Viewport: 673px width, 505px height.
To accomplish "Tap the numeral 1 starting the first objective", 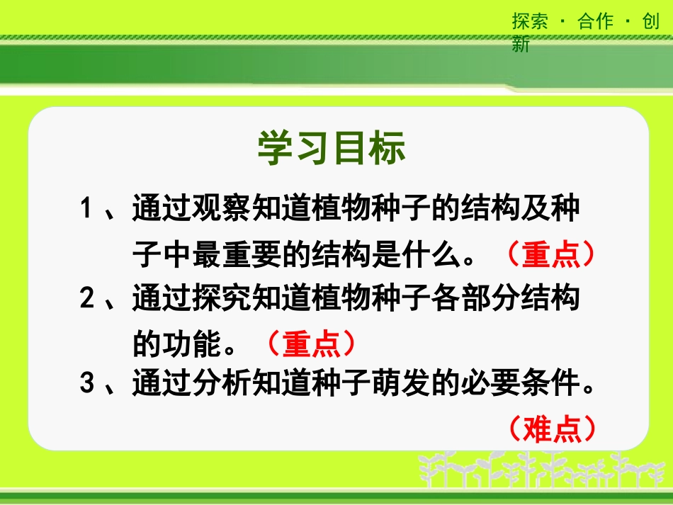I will pyautogui.click(x=88, y=210).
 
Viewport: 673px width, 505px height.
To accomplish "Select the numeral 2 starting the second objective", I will pyautogui.click(x=88, y=299).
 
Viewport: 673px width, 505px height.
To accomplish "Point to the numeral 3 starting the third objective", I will pyautogui.click(x=88, y=385).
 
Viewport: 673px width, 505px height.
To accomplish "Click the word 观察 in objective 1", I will pyautogui.click(x=222, y=210).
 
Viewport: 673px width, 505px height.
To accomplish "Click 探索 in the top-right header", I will pyautogui.click(x=530, y=21).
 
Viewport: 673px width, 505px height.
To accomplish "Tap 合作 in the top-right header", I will pyautogui.click(x=595, y=21).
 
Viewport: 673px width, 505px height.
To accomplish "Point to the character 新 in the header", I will pyautogui.click(x=521, y=45).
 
